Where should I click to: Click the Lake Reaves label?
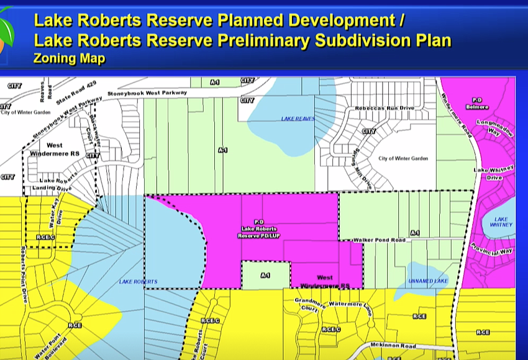click(298, 119)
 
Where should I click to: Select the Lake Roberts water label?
click(138, 282)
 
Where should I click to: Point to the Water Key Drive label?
click(57, 215)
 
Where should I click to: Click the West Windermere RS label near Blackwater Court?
click(54, 149)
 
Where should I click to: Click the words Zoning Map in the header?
click(69, 59)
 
